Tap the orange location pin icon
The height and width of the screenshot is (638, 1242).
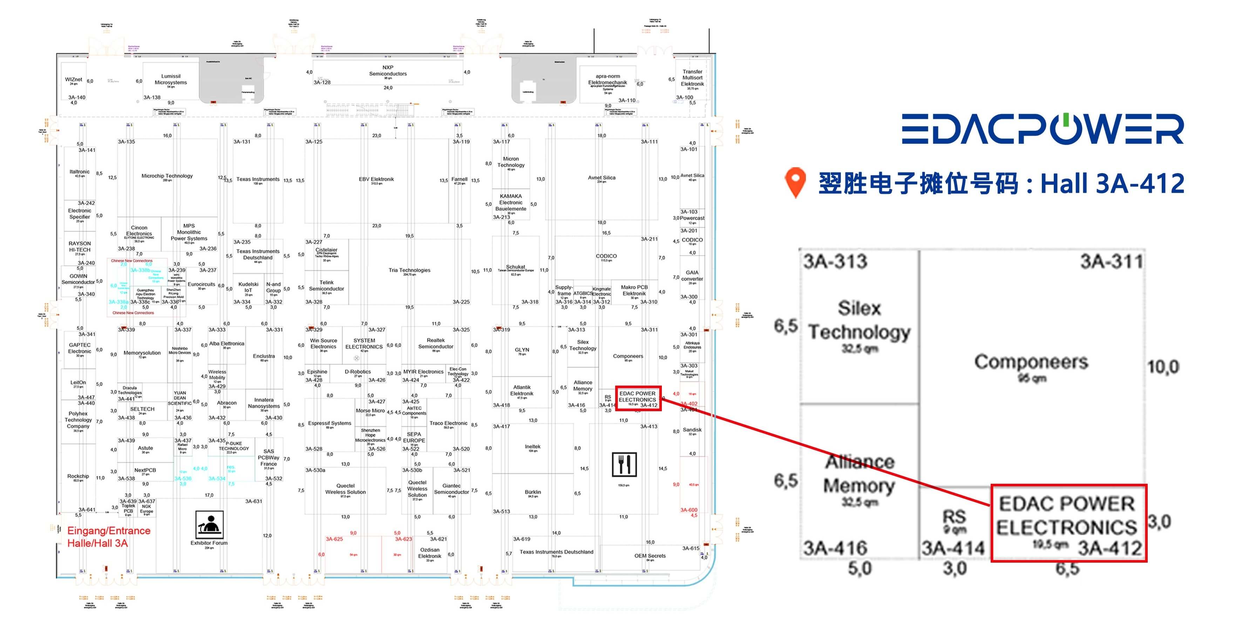point(795,182)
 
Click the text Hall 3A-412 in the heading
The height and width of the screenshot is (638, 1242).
point(1112,184)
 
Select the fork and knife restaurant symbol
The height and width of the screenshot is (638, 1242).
point(624,464)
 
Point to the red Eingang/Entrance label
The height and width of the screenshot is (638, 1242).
point(108,536)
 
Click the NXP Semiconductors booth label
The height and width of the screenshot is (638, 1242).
point(388,71)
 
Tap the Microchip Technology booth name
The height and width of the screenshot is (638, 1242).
point(167,176)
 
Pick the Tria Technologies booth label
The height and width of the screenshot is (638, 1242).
point(409,270)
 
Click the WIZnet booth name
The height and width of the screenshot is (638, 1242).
point(73,80)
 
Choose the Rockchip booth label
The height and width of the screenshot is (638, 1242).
point(78,476)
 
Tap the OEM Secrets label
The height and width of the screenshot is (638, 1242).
point(650,556)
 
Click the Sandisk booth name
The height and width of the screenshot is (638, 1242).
point(692,430)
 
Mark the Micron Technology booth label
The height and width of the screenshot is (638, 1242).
point(511,162)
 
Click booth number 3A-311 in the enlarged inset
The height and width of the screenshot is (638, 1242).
point(1111,262)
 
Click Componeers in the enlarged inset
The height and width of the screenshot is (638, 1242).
point(1031,362)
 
